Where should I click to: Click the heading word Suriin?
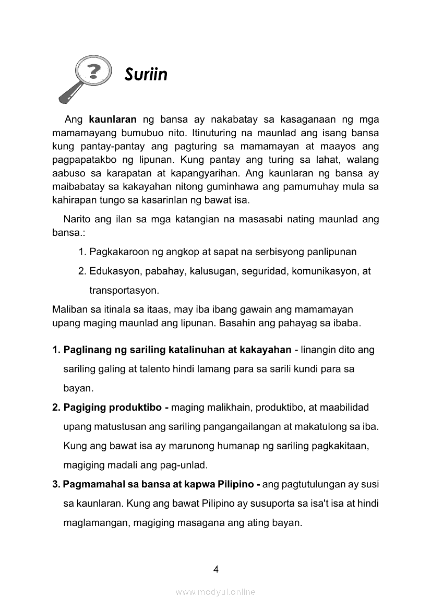[x=146, y=75]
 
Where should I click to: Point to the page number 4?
[x=215, y=569]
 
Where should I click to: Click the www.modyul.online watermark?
[x=215, y=592]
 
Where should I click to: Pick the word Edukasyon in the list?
[x=112, y=271]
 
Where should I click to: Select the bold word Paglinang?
[x=85, y=350]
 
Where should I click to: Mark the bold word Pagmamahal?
[x=89, y=484]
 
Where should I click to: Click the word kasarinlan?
[x=170, y=199]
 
